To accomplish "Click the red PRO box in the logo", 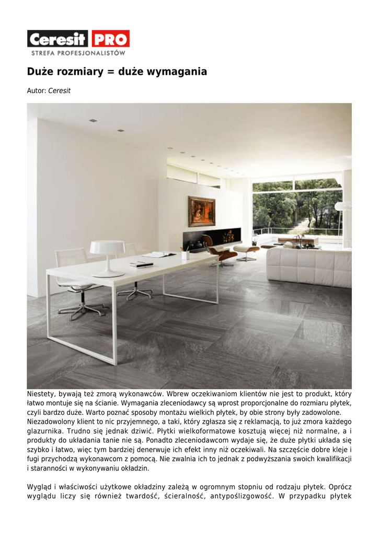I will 110,39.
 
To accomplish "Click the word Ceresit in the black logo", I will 58,39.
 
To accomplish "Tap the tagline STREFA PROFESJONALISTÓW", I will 78,53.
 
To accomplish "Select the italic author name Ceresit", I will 59,91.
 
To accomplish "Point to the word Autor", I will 36,91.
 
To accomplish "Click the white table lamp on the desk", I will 108,256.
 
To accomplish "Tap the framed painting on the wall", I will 201,211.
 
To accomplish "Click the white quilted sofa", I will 308,266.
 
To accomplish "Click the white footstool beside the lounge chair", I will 246,251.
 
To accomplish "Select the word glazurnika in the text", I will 45,431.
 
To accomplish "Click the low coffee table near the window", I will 297,240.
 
